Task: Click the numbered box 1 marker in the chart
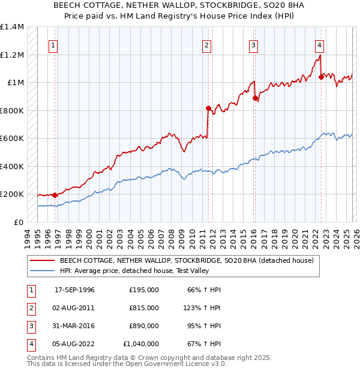(x=54, y=45)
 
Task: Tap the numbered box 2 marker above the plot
(x=206, y=45)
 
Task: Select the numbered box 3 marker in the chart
(x=254, y=45)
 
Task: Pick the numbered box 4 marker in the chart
(x=320, y=45)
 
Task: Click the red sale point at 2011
(x=208, y=109)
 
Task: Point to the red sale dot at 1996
(x=55, y=195)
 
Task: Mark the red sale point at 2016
(x=255, y=98)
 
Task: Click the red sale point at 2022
(x=321, y=77)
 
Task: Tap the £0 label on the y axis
(x=19, y=222)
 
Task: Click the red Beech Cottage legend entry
(x=187, y=261)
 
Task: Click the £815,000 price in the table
(x=144, y=308)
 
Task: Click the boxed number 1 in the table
(x=30, y=290)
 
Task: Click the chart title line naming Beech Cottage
(x=180, y=5)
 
